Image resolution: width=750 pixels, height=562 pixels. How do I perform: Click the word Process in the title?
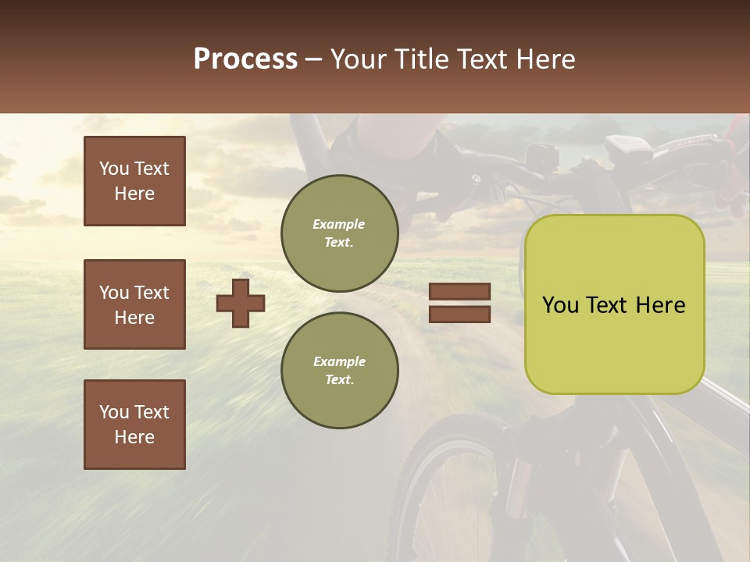(245, 59)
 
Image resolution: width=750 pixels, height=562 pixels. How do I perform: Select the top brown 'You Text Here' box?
(134, 181)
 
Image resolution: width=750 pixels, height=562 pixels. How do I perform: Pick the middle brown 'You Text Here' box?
(134, 304)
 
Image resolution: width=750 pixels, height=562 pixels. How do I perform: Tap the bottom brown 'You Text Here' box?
(134, 425)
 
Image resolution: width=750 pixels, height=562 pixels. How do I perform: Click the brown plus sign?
(241, 303)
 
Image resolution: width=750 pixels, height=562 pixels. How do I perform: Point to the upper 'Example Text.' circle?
(339, 233)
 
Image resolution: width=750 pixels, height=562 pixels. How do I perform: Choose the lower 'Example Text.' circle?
(339, 370)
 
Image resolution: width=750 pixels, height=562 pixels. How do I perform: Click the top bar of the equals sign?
(459, 292)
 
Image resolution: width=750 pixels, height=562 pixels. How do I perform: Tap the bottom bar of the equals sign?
(459, 315)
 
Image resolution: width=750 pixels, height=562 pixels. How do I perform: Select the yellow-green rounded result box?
(614, 304)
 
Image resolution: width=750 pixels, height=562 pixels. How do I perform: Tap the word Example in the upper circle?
(339, 224)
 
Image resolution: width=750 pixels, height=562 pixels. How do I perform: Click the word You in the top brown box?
(113, 169)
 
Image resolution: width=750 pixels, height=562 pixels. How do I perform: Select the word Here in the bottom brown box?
(134, 437)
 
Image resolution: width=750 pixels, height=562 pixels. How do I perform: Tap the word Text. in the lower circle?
(339, 379)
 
